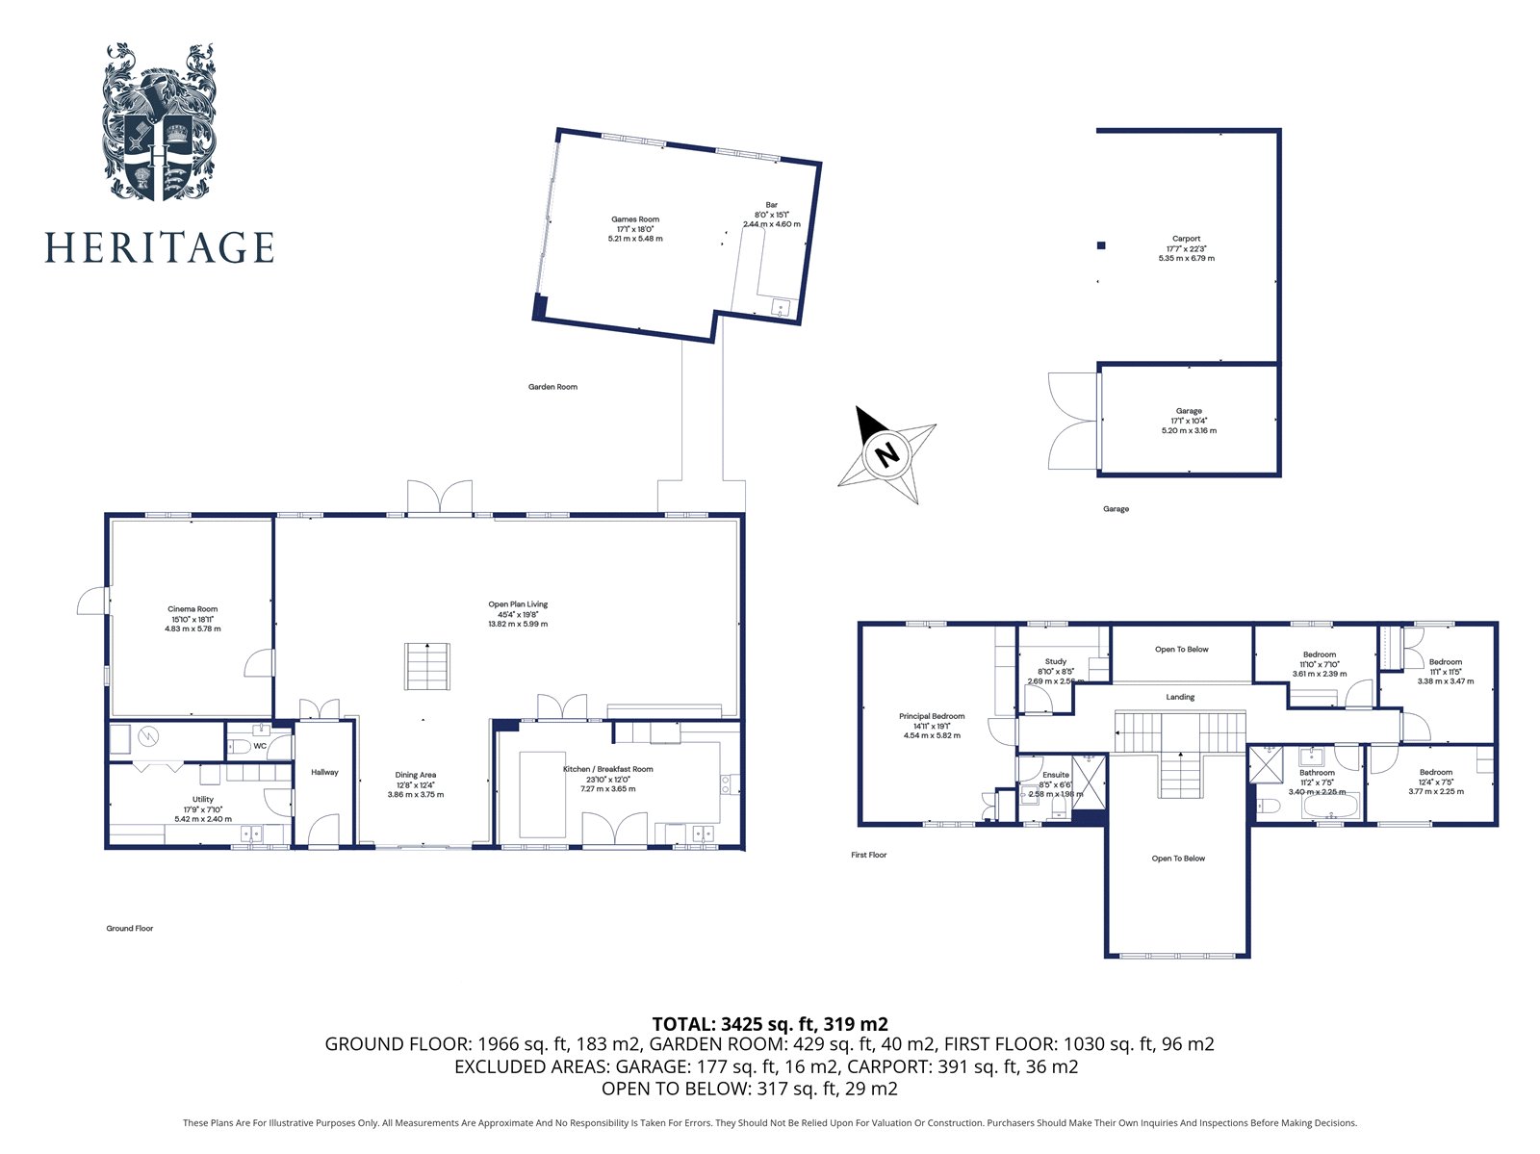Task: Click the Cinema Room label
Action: tap(192, 609)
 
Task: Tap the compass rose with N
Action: tap(886, 453)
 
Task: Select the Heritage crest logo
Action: tap(159, 122)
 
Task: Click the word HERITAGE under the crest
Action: tap(159, 247)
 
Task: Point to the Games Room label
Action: tap(635, 219)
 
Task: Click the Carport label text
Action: tap(1186, 239)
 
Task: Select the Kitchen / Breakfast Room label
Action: tap(607, 769)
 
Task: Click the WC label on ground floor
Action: tap(260, 746)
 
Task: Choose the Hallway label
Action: tap(324, 772)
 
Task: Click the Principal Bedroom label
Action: tap(932, 716)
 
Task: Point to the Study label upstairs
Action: tap(1055, 661)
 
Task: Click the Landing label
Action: tap(1180, 697)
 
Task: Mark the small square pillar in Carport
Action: tap(1101, 245)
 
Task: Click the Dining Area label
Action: tap(416, 775)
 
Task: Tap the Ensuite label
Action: tap(1055, 775)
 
